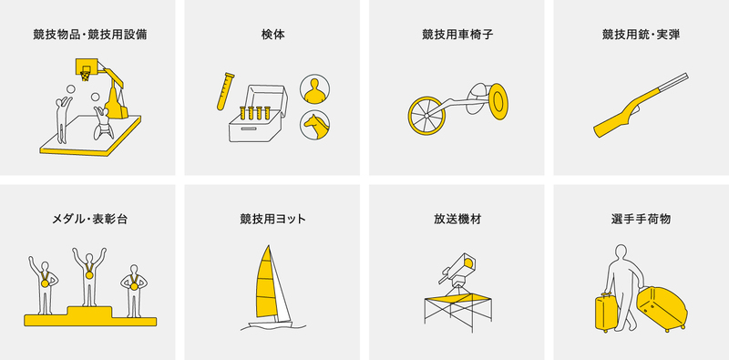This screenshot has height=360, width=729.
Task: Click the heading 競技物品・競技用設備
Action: (x=90, y=35)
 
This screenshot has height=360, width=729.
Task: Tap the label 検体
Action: (x=272, y=35)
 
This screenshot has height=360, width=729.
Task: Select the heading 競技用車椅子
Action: (x=457, y=35)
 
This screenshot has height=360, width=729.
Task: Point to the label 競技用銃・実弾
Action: (x=641, y=35)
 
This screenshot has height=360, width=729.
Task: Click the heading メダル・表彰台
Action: (x=89, y=219)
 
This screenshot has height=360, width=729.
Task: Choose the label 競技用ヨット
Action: (x=272, y=219)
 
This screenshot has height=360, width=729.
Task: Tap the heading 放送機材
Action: (x=457, y=219)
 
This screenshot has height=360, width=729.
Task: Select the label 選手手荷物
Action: (x=641, y=219)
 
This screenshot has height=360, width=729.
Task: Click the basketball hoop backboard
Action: (x=87, y=66)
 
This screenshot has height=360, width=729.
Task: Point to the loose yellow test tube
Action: (x=225, y=91)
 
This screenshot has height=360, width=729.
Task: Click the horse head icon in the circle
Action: (x=314, y=125)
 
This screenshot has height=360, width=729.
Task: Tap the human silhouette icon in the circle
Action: (x=314, y=88)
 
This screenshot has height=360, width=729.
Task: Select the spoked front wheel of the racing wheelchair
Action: (x=426, y=116)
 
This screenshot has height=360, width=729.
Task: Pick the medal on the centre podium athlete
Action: (x=89, y=275)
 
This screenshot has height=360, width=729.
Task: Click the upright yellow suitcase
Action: (x=606, y=313)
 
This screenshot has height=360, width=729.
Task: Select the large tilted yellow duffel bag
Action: (x=662, y=308)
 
